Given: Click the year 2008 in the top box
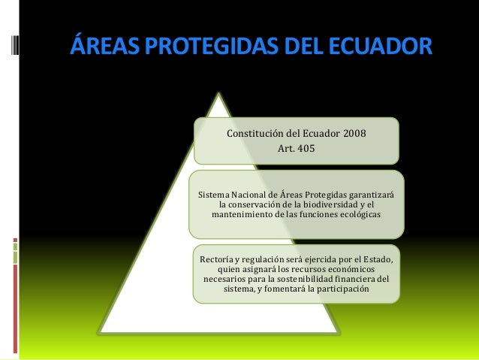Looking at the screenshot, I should tap(354, 135).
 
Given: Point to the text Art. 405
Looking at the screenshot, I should tap(297, 149).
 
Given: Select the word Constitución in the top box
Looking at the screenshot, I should tap(258, 135).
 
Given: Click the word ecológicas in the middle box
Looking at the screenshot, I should tap(357, 215).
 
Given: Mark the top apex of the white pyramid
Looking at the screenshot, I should tap(220, 95).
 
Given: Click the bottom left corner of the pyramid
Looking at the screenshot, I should tap(101, 331).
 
